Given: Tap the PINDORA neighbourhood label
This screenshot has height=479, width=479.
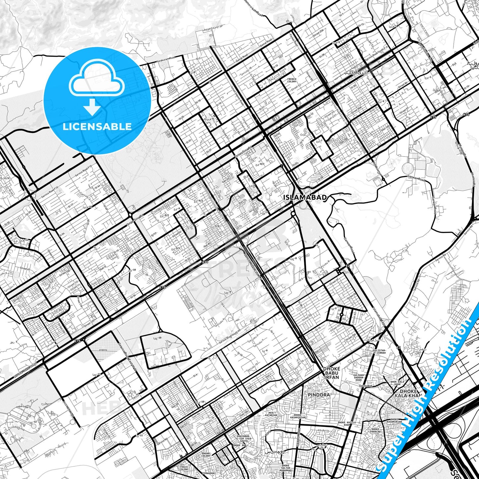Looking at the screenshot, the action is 319,395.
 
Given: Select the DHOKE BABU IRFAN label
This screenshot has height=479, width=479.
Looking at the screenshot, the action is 331,373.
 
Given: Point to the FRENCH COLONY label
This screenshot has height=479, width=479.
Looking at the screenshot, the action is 292,80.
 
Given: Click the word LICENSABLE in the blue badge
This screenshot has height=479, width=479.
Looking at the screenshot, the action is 97,126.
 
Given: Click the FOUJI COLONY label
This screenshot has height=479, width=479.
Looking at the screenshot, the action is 184,468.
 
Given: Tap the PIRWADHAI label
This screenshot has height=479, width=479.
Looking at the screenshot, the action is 211,473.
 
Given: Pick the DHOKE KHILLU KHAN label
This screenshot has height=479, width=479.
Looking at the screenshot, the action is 344,424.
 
